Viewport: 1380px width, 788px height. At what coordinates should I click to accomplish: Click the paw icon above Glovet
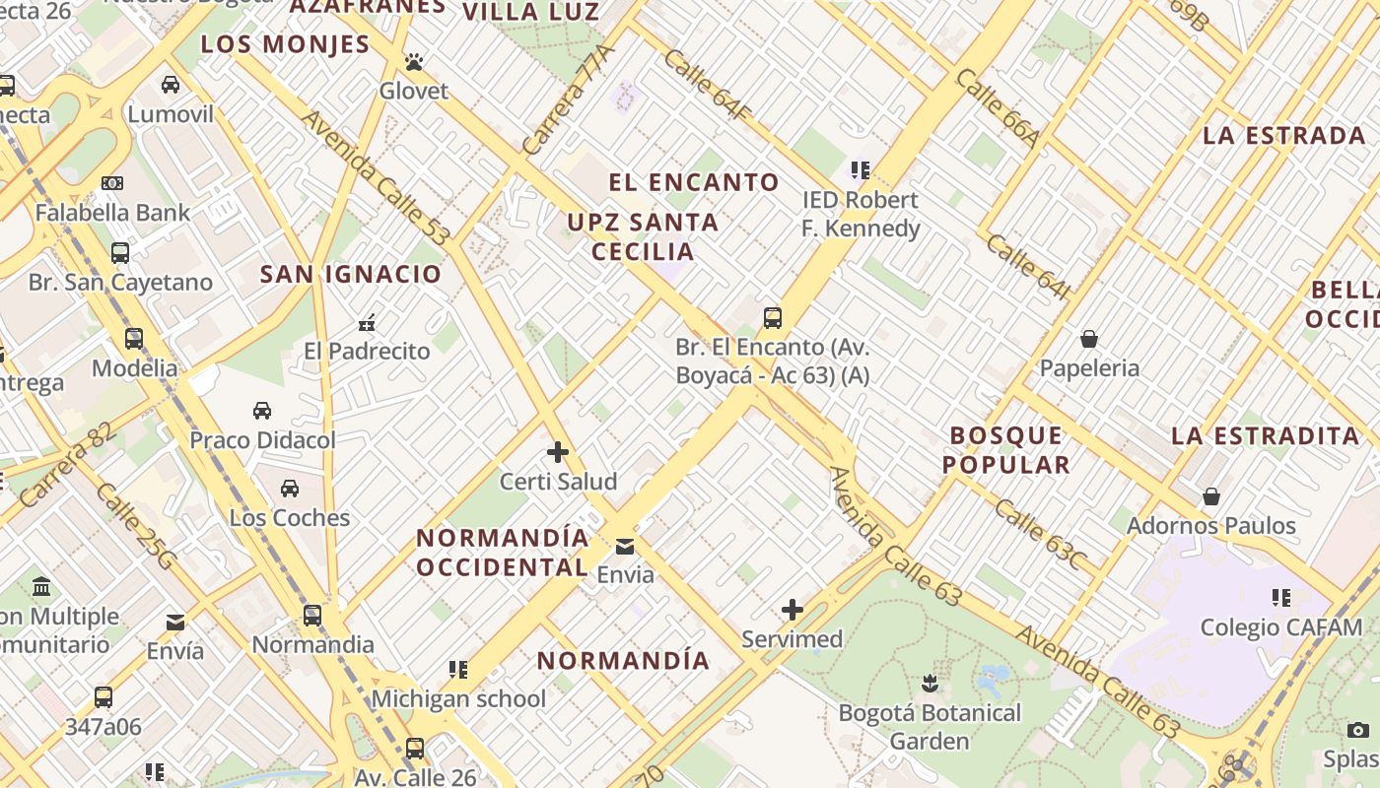[x=413, y=63]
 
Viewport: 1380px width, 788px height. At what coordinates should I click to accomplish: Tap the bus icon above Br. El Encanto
[x=773, y=318]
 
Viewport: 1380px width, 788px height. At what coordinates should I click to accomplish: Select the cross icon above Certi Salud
[x=558, y=452]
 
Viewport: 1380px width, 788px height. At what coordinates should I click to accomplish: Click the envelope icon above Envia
[x=625, y=547]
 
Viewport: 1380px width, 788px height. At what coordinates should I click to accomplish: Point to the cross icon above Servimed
[x=793, y=610]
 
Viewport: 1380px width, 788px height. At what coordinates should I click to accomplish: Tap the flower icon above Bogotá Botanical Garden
[x=929, y=683]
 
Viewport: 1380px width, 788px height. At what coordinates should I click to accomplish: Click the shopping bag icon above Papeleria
[x=1089, y=339]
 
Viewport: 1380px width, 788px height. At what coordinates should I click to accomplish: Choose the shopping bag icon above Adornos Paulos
[x=1211, y=496]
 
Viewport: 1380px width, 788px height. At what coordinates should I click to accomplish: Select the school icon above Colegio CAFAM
[x=1281, y=597]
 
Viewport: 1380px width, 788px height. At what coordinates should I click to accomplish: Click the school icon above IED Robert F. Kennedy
[x=861, y=170]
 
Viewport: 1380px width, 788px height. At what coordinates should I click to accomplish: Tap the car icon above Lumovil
[x=171, y=85]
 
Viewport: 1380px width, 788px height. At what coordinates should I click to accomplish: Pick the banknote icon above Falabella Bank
[x=112, y=182]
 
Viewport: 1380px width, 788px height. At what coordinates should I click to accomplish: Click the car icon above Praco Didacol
[x=262, y=410]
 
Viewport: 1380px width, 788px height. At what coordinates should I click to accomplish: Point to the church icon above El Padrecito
[x=367, y=321]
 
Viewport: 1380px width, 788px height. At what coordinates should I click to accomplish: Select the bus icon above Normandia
[x=312, y=616]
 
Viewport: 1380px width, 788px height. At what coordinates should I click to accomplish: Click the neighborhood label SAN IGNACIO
[x=350, y=274]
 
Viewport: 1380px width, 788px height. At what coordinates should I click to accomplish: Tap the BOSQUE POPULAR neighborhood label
[x=1006, y=450]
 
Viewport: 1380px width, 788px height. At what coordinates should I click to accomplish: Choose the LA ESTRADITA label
[x=1265, y=435]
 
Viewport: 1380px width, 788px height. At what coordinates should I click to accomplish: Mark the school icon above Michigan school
[x=458, y=670]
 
